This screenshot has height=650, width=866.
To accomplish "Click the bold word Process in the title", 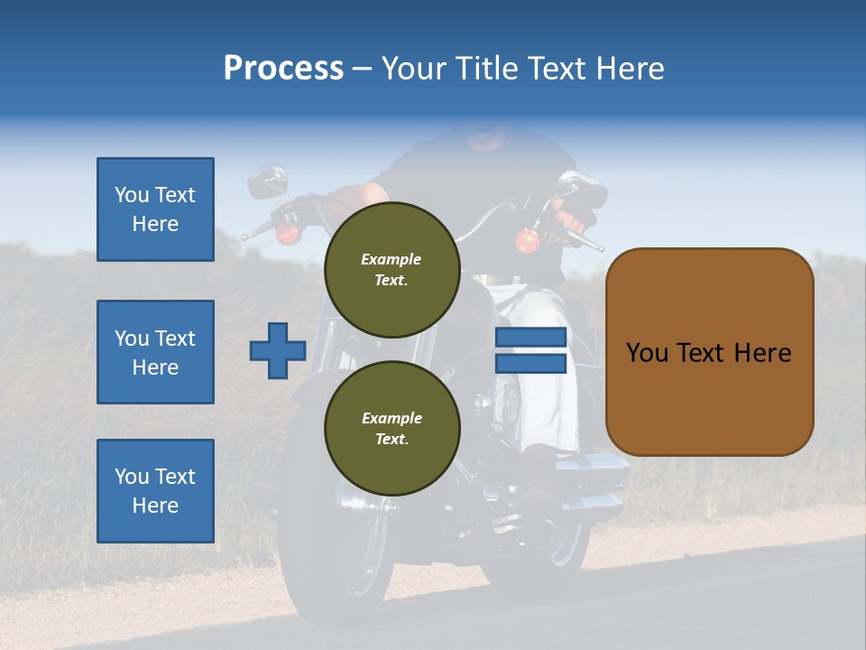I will [283, 69].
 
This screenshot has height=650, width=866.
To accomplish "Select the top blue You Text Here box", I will [155, 209].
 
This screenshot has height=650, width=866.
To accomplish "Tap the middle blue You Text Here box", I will [155, 352].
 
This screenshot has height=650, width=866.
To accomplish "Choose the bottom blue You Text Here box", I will [155, 491].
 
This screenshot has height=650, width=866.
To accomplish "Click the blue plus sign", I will [278, 350].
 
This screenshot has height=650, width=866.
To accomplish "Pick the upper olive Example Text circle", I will [392, 270].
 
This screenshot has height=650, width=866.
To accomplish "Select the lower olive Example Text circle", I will [392, 428].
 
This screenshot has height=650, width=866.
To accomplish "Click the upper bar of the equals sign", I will [530, 338].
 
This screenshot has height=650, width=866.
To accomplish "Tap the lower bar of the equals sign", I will [530, 363].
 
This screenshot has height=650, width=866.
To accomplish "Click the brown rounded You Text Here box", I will [709, 352].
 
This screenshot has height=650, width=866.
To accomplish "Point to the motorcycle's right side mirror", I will [583, 189].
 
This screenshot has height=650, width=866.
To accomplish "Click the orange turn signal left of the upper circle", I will [287, 233].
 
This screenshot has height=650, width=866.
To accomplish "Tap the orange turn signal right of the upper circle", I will [528, 241].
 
